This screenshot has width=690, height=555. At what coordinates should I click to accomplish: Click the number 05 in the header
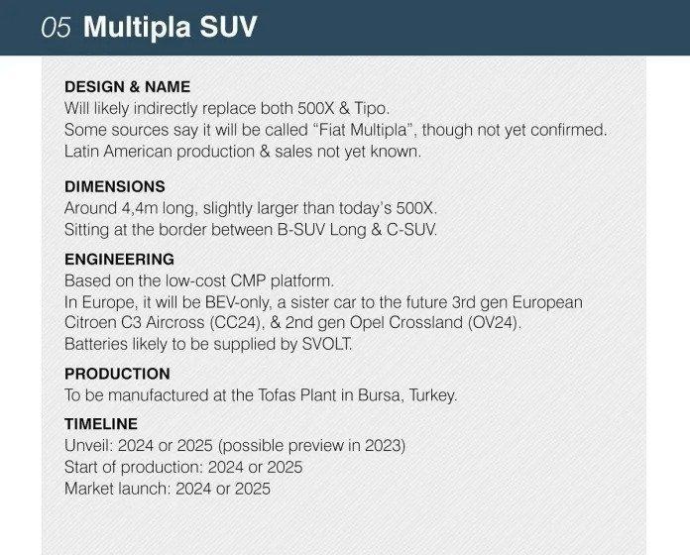56,28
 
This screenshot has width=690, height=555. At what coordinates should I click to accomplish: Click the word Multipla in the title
137,28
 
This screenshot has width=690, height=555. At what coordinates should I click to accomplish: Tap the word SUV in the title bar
228,28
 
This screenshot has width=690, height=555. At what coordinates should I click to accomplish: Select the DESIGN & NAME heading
127,86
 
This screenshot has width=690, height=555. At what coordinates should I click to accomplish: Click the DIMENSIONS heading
115,186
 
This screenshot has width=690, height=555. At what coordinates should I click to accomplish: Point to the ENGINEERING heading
119,259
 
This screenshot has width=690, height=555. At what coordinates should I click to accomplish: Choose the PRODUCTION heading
117,374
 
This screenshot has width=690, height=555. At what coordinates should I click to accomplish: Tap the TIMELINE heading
101,424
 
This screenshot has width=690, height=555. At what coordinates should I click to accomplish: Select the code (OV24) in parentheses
494,322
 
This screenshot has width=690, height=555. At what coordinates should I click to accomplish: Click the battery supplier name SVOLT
326,344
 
